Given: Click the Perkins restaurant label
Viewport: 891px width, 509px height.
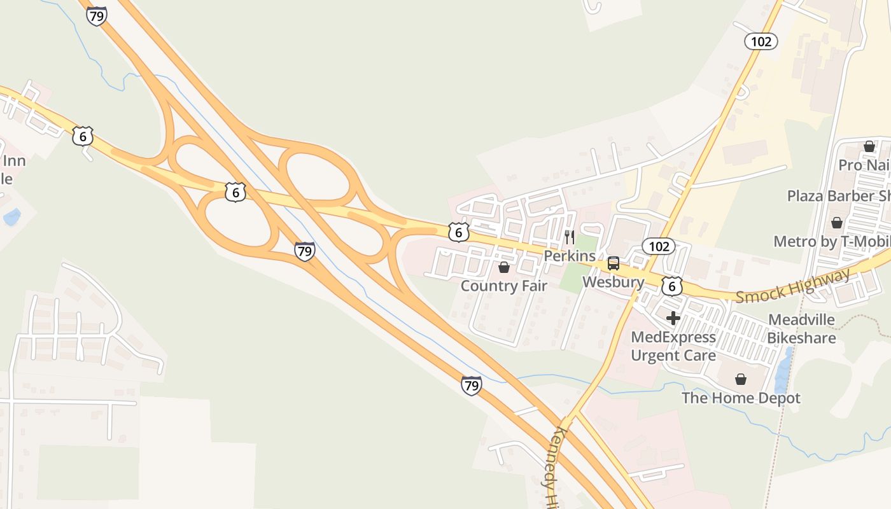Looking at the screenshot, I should (569, 256).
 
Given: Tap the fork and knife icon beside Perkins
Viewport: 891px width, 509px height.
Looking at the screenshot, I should (570, 238).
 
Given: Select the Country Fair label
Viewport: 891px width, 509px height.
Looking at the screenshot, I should (503, 286).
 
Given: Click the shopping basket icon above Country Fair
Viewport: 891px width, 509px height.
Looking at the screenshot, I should (504, 267).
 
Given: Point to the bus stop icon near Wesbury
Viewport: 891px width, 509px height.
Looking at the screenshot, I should (613, 263).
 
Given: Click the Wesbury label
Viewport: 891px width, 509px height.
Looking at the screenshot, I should (613, 281).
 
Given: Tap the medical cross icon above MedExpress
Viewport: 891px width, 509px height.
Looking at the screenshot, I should (673, 318).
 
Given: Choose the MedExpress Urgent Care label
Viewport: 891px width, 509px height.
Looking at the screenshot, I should (673, 346).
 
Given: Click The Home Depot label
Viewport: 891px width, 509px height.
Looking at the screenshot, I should (741, 398).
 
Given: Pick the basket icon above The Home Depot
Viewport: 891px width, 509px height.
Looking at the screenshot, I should (741, 379).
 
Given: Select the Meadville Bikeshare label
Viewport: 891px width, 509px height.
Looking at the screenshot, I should (801, 328).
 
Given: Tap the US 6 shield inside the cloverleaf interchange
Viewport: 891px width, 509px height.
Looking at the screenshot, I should (235, 192).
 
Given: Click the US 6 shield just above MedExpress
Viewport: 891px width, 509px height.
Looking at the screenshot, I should (671, 287).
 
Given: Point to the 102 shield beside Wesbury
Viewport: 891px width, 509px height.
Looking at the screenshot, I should (658, 246).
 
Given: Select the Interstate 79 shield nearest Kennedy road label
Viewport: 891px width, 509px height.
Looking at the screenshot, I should (471, 386).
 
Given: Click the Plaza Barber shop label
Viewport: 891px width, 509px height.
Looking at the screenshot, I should (838, 196).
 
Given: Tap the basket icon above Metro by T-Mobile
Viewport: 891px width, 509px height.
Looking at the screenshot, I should (836, 223).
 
